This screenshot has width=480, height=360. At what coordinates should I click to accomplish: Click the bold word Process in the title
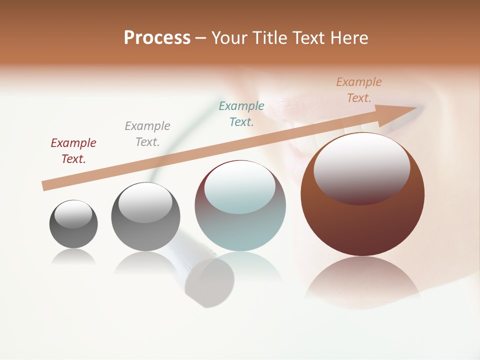(x=157, y=38)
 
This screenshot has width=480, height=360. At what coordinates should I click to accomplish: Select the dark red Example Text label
(x=73, y=151)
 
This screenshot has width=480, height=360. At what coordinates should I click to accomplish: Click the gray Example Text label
(x=147, y=134)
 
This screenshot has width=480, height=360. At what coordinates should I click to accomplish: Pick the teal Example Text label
(x=241, y=114)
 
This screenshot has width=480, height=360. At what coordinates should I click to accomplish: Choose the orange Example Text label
(x=359, y=90)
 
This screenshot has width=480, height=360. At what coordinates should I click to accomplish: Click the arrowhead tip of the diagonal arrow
(x=416, y=107)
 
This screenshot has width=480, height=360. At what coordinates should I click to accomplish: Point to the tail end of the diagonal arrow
(x=44, y=186)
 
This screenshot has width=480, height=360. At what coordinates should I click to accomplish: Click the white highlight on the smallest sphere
(x=73, y=214)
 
